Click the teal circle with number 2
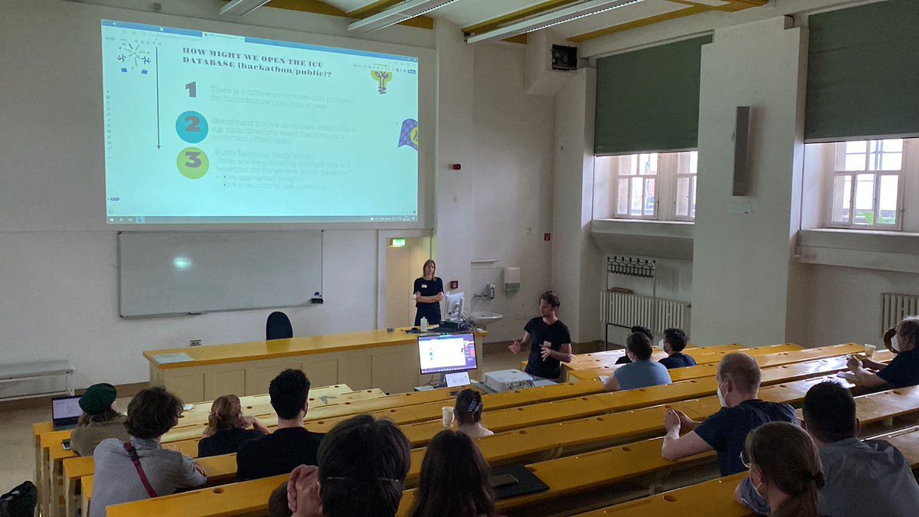(191, 126)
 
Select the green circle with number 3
(192, 162)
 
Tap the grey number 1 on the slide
(191, 90)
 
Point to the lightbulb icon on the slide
(381, 79)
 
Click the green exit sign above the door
(397, 242)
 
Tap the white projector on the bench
(508, 380)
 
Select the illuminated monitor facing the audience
(447, 353)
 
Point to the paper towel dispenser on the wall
(512, 278)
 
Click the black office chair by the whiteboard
(279, 326)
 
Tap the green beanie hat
(98, 398)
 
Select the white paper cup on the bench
(448, 416)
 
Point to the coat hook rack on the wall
(631, 267)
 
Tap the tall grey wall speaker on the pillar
(741, 151)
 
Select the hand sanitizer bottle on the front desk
(424, 323)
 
